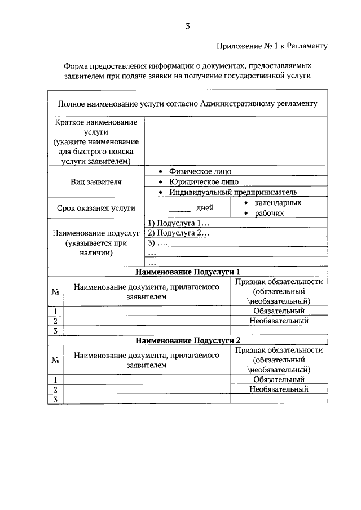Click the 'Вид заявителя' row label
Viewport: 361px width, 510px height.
pyautogui.click(x=96, y=182)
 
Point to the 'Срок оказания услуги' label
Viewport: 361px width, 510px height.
pyautogui.click(x=96, y=208)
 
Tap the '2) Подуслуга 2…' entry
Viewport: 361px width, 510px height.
pyautogui.click(x=178, y=233)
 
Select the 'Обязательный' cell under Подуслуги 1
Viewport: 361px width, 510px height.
pyautogui.click(x=279, y=311)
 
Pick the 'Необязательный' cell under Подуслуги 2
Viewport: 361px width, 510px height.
pyautogui.click(x=279, y=389)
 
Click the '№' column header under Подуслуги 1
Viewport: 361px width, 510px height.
pyautogui.click(x=56, y=292)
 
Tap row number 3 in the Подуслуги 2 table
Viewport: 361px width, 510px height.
pyautogui.click(x=56, y=400)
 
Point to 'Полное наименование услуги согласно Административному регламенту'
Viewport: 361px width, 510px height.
pyautogui.click(x=188, y=103)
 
